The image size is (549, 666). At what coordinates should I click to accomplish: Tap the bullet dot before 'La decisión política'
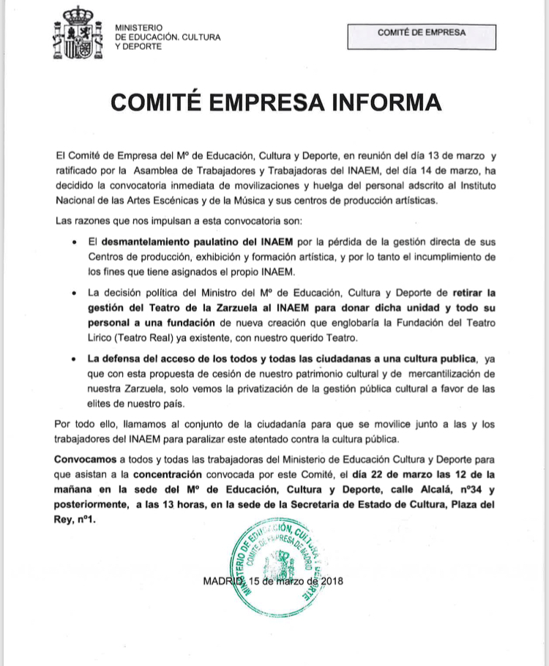tap(75, 293)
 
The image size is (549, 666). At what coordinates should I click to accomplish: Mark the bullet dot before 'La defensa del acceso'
tap(75, 359)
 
